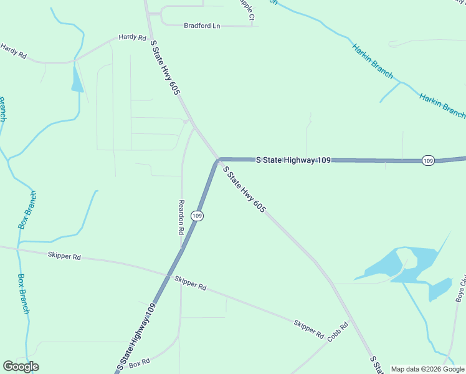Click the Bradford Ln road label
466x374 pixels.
[x=202, y=26]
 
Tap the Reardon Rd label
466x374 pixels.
[x=181, y=217]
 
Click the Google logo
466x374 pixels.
[x=21, y=367]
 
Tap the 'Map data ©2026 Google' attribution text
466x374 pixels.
[x=428, y=369]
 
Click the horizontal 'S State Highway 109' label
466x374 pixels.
[x=293, y=160]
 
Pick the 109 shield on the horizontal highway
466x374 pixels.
[x=427, y=161]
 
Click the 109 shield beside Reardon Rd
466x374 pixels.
[x=197, y=216]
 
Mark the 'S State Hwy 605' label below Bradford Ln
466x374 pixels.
[x=165, y=67]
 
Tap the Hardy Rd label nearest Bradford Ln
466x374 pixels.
[x=131, y=37]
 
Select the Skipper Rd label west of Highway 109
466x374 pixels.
[x=64, y=256]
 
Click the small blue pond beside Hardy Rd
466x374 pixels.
[x=77, y=80]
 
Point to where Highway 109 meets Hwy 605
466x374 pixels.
[x=218, y=160]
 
